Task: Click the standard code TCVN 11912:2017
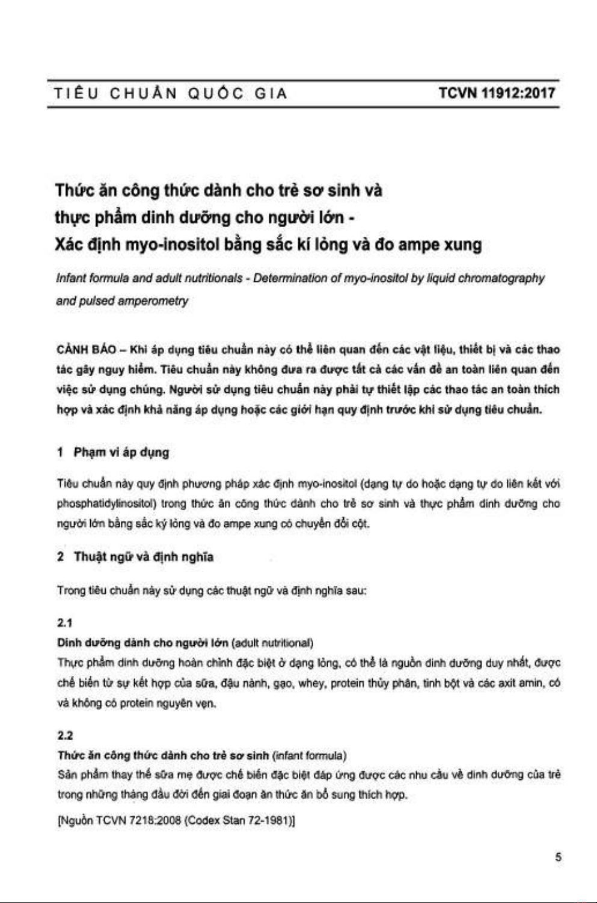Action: click(x=497, y=93)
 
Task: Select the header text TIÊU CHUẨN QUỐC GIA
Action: click(x=171, y=94)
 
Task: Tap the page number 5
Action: click(x=558, y=857)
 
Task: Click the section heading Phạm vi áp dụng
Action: click(x=121, y=452)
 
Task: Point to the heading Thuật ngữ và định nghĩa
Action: click(x=143, y=557)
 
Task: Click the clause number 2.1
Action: click(x=65, y=623)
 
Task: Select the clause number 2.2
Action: click(x=65, y=735)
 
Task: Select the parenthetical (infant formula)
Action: click(x=309, y=755)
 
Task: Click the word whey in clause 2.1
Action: click(x=311, y=683)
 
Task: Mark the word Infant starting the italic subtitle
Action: click(x=71, y=278)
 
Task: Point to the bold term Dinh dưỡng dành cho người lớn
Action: click(x=142, y=643)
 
